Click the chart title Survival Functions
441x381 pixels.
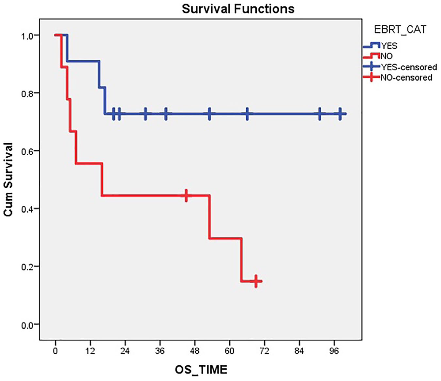(x=238, y=9)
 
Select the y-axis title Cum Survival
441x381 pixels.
(x=8, y=179)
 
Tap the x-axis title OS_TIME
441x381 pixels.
(x=201, y=370)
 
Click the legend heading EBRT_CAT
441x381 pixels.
(x=400, y=29)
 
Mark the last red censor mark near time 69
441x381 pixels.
(x=256, y=281)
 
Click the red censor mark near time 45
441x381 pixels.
(x=186, y=195)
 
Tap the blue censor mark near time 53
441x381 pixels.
(x=209, y=114)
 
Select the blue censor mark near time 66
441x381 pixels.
(x=247, y=114)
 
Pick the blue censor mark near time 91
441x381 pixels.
(x=320, y=114)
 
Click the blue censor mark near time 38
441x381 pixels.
(x=166, y=114)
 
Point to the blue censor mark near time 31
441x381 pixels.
(x=145, y=114)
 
